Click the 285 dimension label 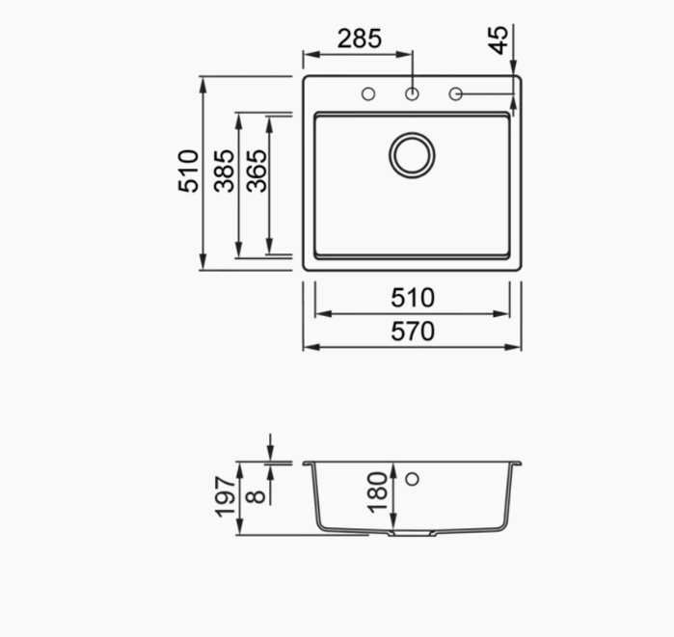pyautogui.click(x=360, y=39)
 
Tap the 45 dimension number pyautogui.click(x=499, y=40)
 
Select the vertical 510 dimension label pyautogui.click(x=188, y=171)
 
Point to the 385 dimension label pyautogui.click(x=224, y=171)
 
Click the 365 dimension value pyautogui.click(x=256, y=171)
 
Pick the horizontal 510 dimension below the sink pyautogui.click(x=413, y=298)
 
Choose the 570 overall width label pyautogui.click(x=413, y=332)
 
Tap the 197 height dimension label pyautogui.click(x=226, y=496)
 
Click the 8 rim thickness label pyautogui.click(x=256, y=496)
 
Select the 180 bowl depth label pyautogui.click(x=377, y=492)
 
